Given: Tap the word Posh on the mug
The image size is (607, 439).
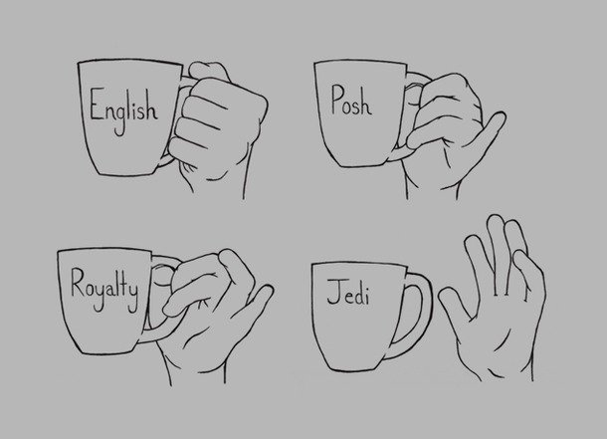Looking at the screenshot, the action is (351, 101).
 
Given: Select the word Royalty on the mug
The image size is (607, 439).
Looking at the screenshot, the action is (104, 290).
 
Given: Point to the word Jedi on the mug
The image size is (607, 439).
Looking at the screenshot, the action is (348, 293).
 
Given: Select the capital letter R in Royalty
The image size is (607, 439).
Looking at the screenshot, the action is (79, 282).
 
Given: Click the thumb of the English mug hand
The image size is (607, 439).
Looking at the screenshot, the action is (209, 71).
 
